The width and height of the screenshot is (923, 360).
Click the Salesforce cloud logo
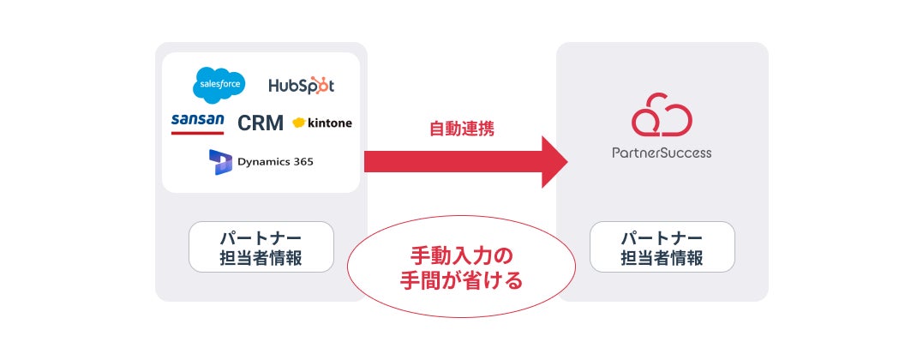pyautogui.click(x=219, y=84)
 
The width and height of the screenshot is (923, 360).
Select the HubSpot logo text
pyautogui.click(x=301, y=86)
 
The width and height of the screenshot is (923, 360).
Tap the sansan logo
pyautogui.click(x=197, y=121)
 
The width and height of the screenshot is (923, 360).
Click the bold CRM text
pyautogui.click(x=261, y=123)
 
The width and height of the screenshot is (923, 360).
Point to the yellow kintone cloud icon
pyautogui.click(x=299, y=123)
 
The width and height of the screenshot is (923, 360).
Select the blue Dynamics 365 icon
pyautogui.click(x=220, y=161)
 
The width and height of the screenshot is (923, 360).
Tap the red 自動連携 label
pyautogui.click(x=461, y=129)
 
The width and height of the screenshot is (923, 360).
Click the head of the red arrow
pyautogui.click(x=553, y=161)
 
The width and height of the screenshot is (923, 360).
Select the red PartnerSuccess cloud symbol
pyautogui.click(x=661, y=118)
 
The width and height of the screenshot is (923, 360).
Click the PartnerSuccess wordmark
pyautogui.click(x=661, y=153)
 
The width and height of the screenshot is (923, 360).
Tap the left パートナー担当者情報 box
pyautogui.click(x=261, y=247)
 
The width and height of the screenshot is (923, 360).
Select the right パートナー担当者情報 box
pyautogui.click(x=662, y=247)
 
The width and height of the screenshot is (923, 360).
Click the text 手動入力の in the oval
pyautogui.click(x=461, y=255)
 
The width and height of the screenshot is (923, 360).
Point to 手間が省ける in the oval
pyautogui.click(x=461, y=279)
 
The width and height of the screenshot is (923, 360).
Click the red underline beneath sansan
pyautogui.click(x=197, y=133)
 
